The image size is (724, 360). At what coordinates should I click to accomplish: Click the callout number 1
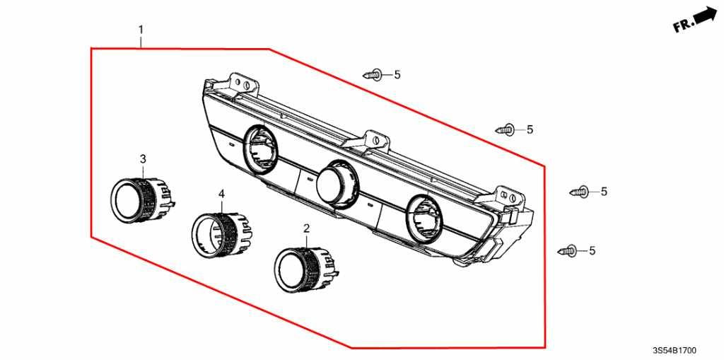(141, 30)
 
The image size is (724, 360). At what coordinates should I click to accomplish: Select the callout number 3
(143, 159)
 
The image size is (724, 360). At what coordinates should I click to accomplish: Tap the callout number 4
(221, 194)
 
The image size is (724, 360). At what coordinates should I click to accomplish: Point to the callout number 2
(307, 228)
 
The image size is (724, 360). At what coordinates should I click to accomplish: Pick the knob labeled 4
(221, 235)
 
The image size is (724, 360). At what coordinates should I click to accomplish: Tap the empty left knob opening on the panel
(260, 149)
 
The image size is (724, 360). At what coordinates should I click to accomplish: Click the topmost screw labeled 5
(373, 74)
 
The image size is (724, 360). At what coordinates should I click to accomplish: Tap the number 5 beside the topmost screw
(397, 75)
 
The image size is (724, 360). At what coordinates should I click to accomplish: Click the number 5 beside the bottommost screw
(592, 251)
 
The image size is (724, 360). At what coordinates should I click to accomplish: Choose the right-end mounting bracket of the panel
(510, 198)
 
